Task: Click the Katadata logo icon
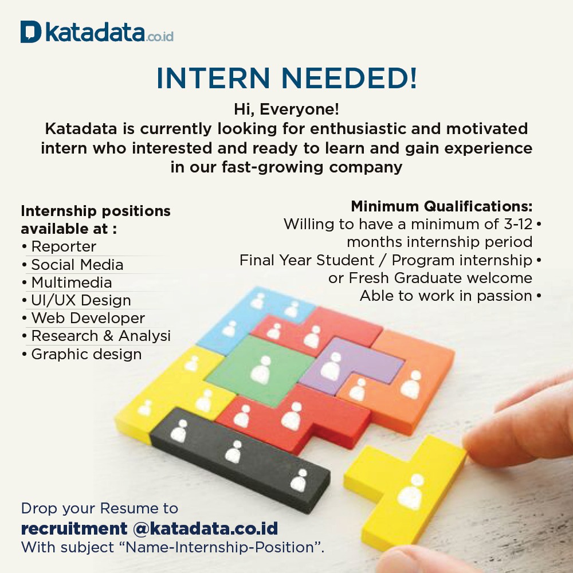31,32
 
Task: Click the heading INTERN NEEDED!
286,78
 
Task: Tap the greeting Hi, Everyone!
286,109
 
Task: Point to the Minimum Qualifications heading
441,206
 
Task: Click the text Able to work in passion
446,296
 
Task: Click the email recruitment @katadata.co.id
150,528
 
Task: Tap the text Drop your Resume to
99,508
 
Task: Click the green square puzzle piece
260,370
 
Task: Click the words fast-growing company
312,167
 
